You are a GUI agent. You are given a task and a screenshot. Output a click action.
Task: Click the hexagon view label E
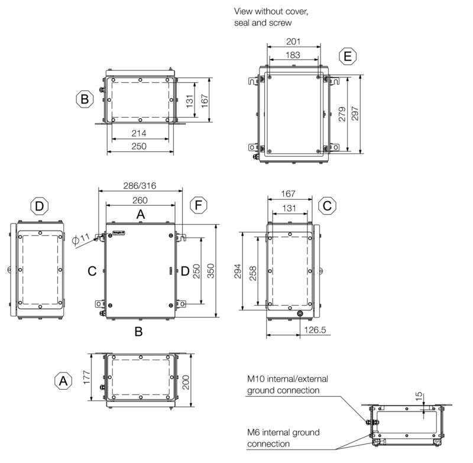348,56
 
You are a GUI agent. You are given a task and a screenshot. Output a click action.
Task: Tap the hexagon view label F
198,205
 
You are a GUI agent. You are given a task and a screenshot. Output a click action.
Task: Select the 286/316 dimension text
140,186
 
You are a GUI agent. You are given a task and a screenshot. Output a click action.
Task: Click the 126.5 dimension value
315,330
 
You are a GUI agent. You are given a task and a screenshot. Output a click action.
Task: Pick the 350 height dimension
210,271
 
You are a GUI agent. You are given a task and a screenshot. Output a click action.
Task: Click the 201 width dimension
293,41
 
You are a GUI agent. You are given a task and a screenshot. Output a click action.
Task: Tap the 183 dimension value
293,55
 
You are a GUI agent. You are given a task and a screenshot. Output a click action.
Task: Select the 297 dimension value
355,114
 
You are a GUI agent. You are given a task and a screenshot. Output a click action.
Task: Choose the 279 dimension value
342,114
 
